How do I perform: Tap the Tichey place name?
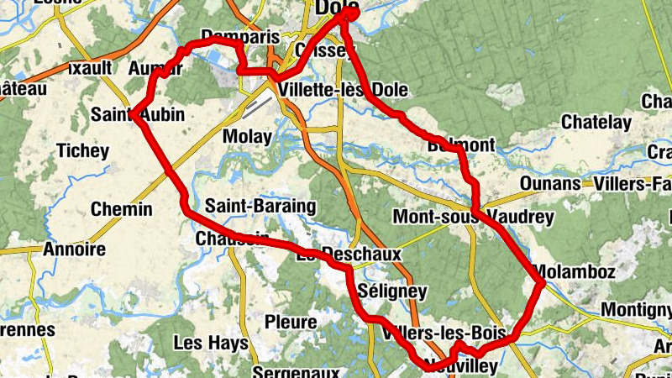[81, 151]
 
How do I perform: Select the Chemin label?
[121, 209]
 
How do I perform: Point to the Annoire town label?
[74, 249]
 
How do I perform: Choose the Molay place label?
[247, 136]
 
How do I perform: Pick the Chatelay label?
[596, 123]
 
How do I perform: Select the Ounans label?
[550, 183]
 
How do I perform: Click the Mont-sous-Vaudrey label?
[474, 218]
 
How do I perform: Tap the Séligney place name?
[392, 291]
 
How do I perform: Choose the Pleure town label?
[291, 322]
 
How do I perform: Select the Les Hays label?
[211, 343]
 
